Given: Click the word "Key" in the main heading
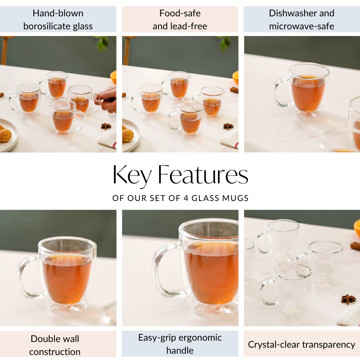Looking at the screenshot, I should pos(132,175).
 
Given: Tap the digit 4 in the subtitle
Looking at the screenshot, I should pos(186,198).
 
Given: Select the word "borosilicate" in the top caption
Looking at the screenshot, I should pos(44,26).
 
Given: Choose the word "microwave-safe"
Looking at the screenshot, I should pos(301,26).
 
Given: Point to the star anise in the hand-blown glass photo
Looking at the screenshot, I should pos(106,126).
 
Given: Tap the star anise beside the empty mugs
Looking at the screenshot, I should pos(348,299).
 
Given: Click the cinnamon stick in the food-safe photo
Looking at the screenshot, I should pos(234,90).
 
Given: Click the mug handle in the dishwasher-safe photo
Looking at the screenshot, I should pos(279,92).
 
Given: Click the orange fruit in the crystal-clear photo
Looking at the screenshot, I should pos(357,227).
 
